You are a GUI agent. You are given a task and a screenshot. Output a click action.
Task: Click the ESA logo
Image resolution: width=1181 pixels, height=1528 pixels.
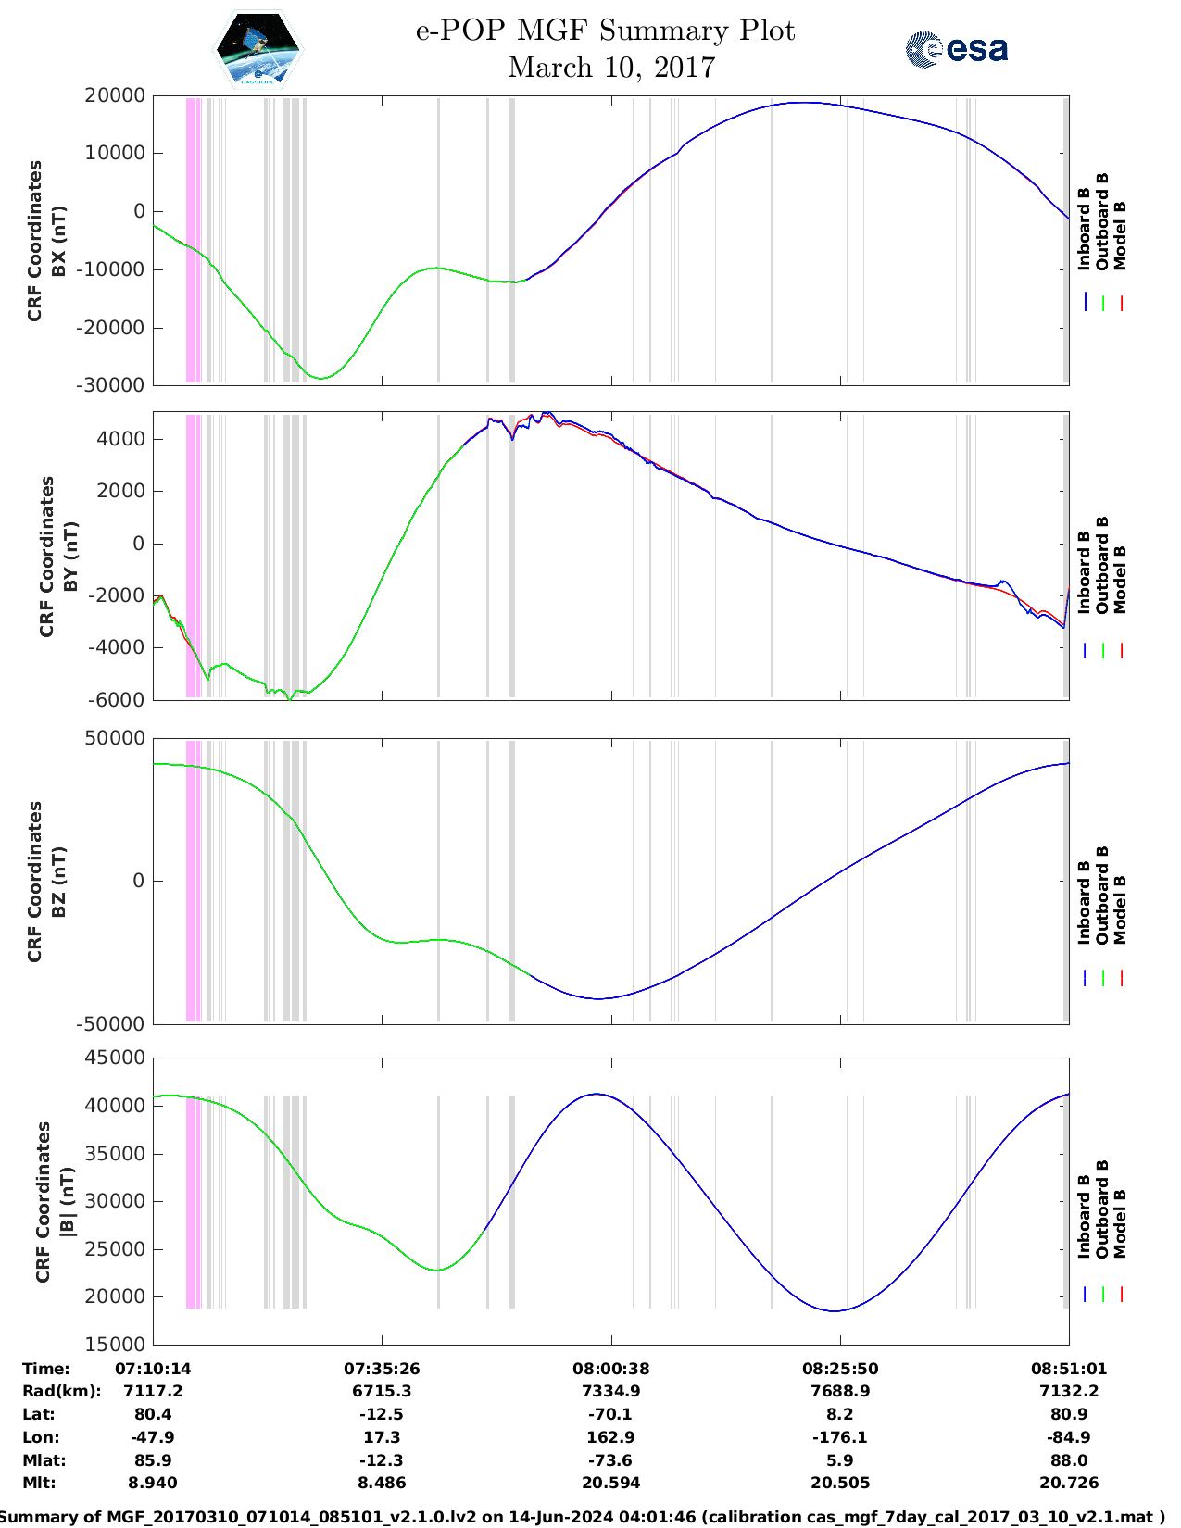(956, 49)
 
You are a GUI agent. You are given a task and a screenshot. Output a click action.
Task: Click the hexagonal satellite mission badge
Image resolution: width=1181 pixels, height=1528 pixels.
(258, 49)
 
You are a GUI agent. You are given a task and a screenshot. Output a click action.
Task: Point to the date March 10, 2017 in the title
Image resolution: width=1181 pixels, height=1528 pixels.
(611, 68)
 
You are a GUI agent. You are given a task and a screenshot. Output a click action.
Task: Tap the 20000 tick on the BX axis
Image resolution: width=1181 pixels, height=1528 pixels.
(114, 95)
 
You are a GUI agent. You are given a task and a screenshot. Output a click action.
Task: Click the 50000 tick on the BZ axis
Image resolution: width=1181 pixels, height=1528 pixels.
(114, 738)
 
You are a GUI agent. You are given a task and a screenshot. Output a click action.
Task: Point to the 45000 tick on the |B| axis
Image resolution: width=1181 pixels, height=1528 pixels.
(114, 1058)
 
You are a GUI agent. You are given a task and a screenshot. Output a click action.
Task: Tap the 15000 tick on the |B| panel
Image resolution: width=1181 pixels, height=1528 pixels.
(114, 1345)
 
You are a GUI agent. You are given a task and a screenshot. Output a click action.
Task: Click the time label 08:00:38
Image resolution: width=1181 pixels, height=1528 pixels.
(610, 1369)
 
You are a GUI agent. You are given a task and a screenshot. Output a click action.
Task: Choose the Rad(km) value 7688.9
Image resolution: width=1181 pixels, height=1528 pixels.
(840, 1392)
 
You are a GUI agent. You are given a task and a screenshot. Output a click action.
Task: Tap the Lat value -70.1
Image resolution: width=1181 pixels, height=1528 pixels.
(610, 1415)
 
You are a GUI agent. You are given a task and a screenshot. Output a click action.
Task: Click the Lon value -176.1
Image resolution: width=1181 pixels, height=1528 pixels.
(840, 1438)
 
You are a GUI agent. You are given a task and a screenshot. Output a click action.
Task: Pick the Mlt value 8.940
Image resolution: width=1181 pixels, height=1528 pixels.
(153, 1484)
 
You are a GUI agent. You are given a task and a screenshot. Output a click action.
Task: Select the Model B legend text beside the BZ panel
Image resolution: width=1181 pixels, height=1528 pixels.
(1120, 909)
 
